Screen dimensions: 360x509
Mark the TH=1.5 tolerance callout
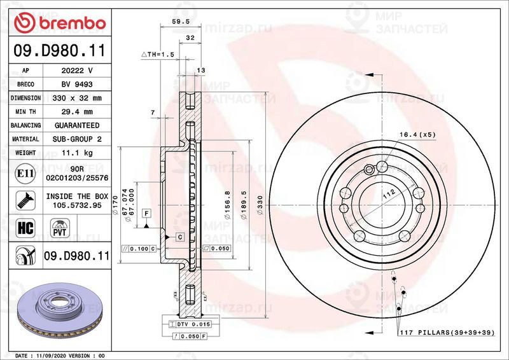(x=157, y=55)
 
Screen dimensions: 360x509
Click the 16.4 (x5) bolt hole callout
(x=417, y=134)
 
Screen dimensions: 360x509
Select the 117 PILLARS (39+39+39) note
(x=447, y=333)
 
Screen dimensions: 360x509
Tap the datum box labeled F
(x=146, y=212)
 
